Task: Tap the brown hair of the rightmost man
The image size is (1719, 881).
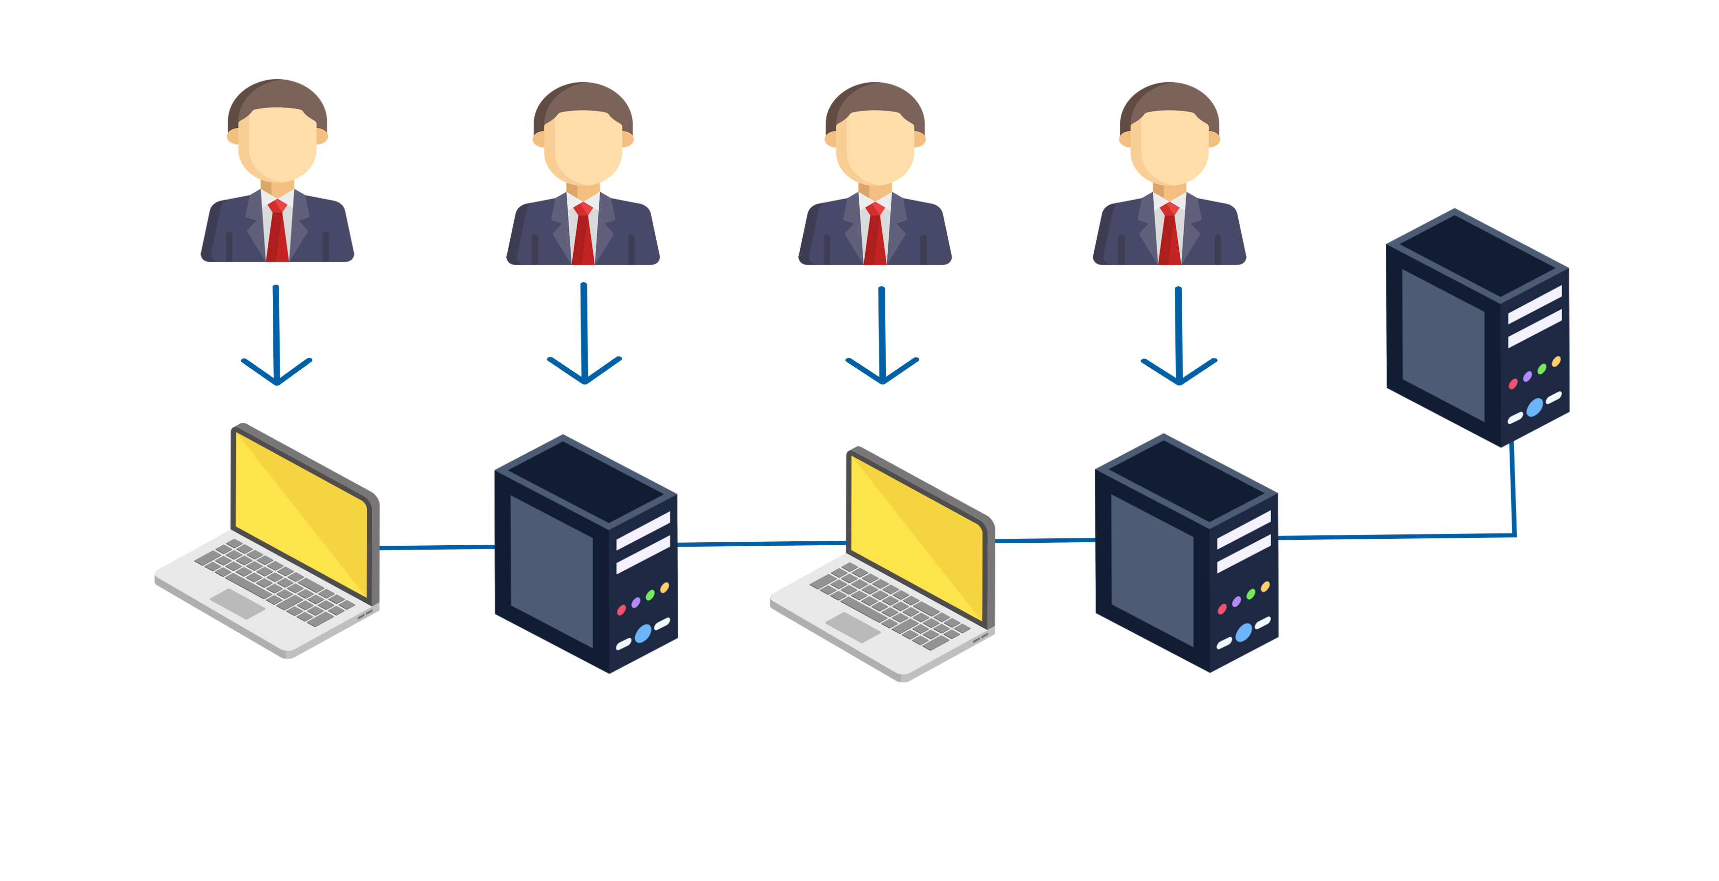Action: (x=1169, y=97)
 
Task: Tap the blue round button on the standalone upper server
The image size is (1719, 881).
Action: (x=1534, y=407)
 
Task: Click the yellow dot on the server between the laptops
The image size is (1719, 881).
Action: (x=664, y=588)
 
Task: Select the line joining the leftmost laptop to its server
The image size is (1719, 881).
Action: (x=437, y=547)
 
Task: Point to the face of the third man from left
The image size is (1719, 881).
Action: (x=875, y=147)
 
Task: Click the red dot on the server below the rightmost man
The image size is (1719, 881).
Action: (x=1222, y=609)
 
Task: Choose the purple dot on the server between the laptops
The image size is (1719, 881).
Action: (x=635, y=603)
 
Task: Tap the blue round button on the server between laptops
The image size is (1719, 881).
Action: (x=642, y=633)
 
